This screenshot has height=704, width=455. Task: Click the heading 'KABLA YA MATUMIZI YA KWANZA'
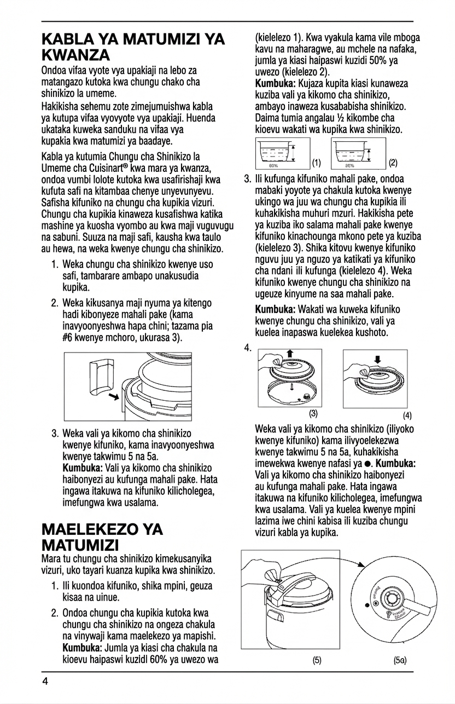point(133,47)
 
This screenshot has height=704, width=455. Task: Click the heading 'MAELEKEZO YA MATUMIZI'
point(102,537)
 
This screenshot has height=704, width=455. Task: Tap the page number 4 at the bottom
point(45,682)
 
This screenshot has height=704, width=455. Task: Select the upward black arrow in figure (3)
point(289,353)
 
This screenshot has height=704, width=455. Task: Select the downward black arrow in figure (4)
point(377,359)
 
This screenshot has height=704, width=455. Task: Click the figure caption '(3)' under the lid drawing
point(313,412)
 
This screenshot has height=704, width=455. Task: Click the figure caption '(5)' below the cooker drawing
point(317,660)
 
